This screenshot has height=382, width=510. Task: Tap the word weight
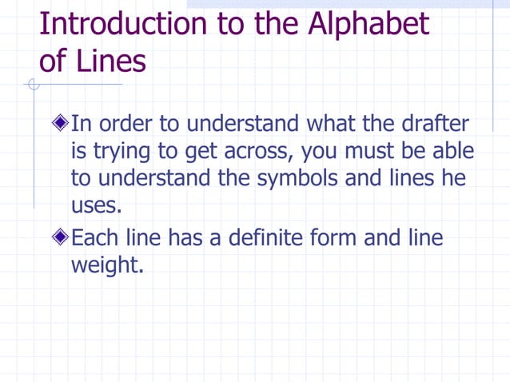pyautogui.click(x=108, y=265)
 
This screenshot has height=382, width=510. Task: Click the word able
pyautogui.click(x=453, y=151)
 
